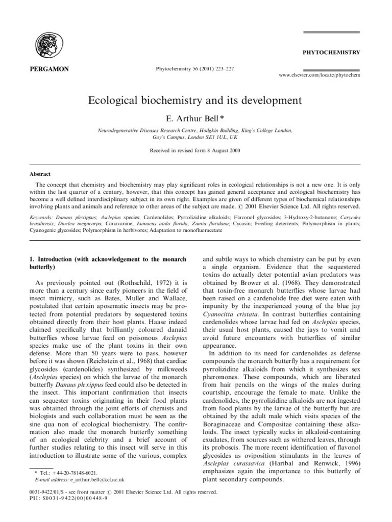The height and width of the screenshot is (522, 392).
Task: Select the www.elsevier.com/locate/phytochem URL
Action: pos(320,74)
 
